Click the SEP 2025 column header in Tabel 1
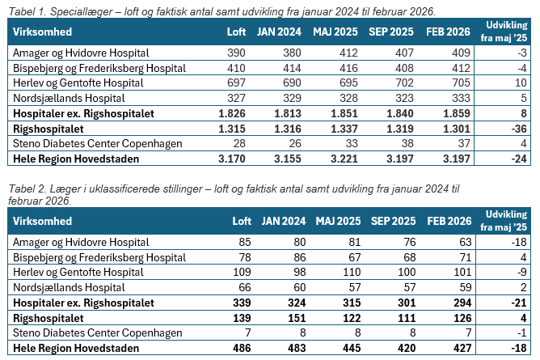click(x=392, y=32)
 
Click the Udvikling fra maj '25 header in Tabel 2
click(x=505, y=220)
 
